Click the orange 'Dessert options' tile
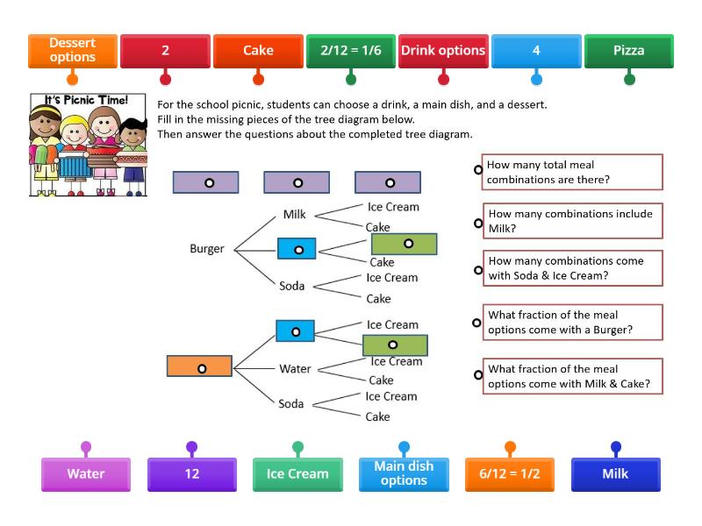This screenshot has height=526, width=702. [x=73, y=50]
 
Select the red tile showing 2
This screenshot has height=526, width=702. [x=165, y=50]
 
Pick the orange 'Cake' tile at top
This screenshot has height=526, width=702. [x=258, y=50]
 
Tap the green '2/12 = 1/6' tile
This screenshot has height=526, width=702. [x=351, y=50]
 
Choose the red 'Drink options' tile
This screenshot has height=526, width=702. [x=443, y=50]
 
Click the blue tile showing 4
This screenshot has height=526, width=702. [x=536, y=50]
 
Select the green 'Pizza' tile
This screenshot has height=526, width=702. [x=629, y=50]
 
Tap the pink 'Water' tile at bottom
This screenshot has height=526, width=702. [x=86, y=473]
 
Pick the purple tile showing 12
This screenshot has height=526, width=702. [x=192, y=473]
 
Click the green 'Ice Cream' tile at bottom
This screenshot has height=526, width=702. [x=297, y=473]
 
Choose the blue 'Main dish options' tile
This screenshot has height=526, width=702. [x=404, y=473]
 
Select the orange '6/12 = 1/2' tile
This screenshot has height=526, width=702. [x=509, y=473]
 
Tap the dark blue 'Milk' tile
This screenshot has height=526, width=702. [x=615, y=473]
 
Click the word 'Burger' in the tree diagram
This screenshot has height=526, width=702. [x=207, y=248]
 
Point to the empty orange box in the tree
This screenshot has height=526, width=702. [x=200, y=366]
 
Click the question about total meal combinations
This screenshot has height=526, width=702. [x=573, y=172]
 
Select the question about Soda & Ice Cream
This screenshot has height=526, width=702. [x=573, y=268]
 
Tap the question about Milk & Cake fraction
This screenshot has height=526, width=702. [x=573, y=377]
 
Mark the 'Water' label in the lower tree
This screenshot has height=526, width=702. [x=295, y=368]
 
